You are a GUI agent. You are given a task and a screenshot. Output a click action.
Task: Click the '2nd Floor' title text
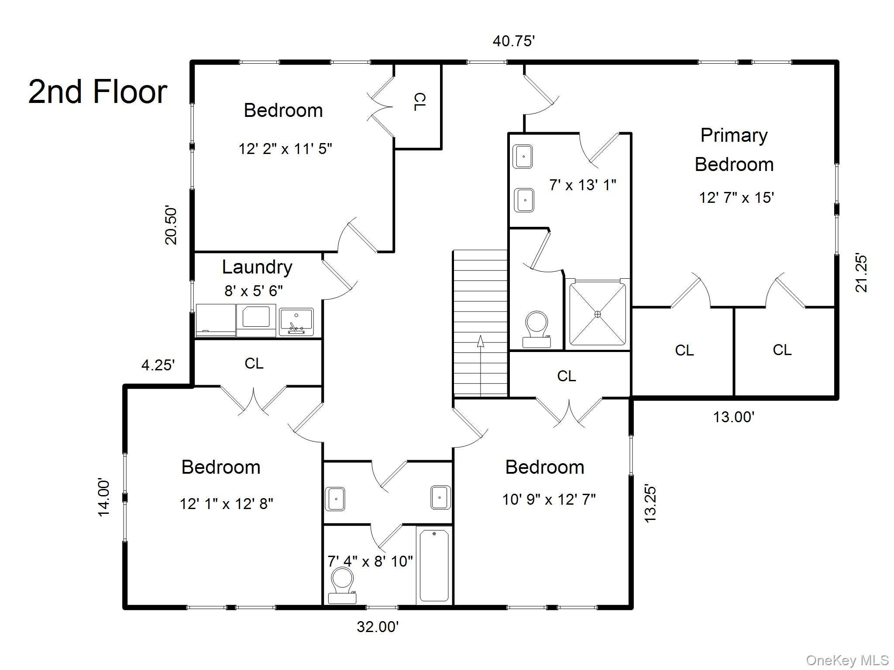pyautogui.click(x=98, y=92)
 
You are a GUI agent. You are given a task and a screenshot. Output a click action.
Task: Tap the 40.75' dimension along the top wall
pyautogui.click(x=514, y=41)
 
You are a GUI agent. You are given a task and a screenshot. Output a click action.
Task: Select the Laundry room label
pyautogui.click(x=257, y=267)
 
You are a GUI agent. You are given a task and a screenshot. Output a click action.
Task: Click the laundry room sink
pyautogui.click(x=296, y=322)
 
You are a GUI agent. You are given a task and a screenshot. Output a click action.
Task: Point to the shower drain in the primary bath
pyautogui.click(x=598, y=314)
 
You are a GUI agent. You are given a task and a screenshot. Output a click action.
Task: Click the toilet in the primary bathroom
pyautogui.click(x=536, y=329)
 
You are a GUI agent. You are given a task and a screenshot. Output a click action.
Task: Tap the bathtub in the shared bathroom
pyautogui.click(x=434, y=565)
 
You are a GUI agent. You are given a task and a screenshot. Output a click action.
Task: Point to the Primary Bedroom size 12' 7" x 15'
pyautogui.click(x=736, y=198)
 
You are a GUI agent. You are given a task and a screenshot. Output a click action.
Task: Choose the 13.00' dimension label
pyautogui.click(x=734, y=417)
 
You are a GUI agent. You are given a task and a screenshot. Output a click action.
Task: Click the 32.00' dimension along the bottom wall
pyautogui.click(x=378, y=627)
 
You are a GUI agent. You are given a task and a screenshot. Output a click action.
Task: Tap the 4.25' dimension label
pyautogui.click(x=158, y=365)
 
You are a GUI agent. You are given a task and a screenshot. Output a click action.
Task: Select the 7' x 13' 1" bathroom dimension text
pyautogui.click(x=582, y=185)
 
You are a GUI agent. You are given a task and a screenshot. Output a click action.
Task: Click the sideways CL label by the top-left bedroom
pyautogui.click(x=419, y=102)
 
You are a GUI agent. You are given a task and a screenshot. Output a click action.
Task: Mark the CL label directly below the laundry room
pyautogui.click(x=254, y=363)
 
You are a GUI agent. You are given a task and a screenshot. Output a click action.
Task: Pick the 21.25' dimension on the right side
pyautogui.click(x=861, y=273)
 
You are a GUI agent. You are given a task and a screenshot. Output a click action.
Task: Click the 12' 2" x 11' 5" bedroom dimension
pyautogui.click(x=285, y=149)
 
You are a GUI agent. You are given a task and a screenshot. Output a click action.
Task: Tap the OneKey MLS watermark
pyautogui.click(x=847, y=660)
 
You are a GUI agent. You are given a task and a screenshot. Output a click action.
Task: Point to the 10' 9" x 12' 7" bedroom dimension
pyautogui.click(x=549, y=499)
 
